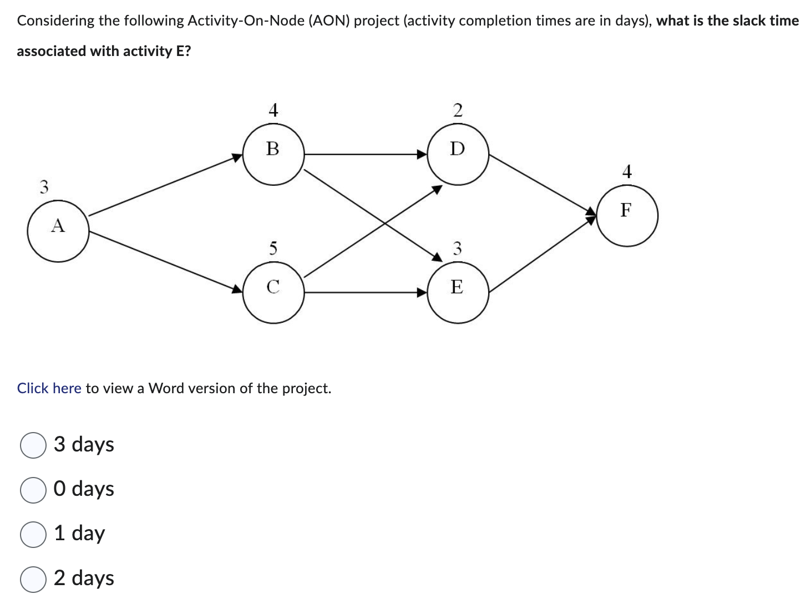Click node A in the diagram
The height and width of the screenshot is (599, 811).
(x=58, y=231)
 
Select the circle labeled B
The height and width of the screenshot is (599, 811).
(x=273, y=154)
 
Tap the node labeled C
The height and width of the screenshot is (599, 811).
(x=273, y=292)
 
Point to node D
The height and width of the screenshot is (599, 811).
(x=458, y=154)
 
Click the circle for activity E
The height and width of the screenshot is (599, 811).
(x=458, y=292)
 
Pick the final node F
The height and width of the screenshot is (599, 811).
(x=627, y=215)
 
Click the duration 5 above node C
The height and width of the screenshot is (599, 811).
(x=273, y=247)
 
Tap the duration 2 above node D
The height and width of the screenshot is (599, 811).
(x=458, y=110)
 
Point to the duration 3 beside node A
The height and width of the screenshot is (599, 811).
(x=44, y=187)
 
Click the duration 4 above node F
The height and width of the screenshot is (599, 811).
(x=627, y=171)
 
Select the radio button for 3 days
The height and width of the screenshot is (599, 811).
(x=33, y=445)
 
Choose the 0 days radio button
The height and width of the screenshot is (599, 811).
(x=33, y=490)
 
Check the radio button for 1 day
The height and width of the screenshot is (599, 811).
(x=33, y=534)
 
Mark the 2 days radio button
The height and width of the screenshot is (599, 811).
(x=33, y=579)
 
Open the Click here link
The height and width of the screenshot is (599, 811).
(x=49, y=388)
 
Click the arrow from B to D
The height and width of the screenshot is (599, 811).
(x=366, y=154)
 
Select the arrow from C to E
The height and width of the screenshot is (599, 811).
(x=366, y=292)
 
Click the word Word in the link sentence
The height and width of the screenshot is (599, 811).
(x=166, y=388)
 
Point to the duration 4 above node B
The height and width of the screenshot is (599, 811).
(x=273, y=110)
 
